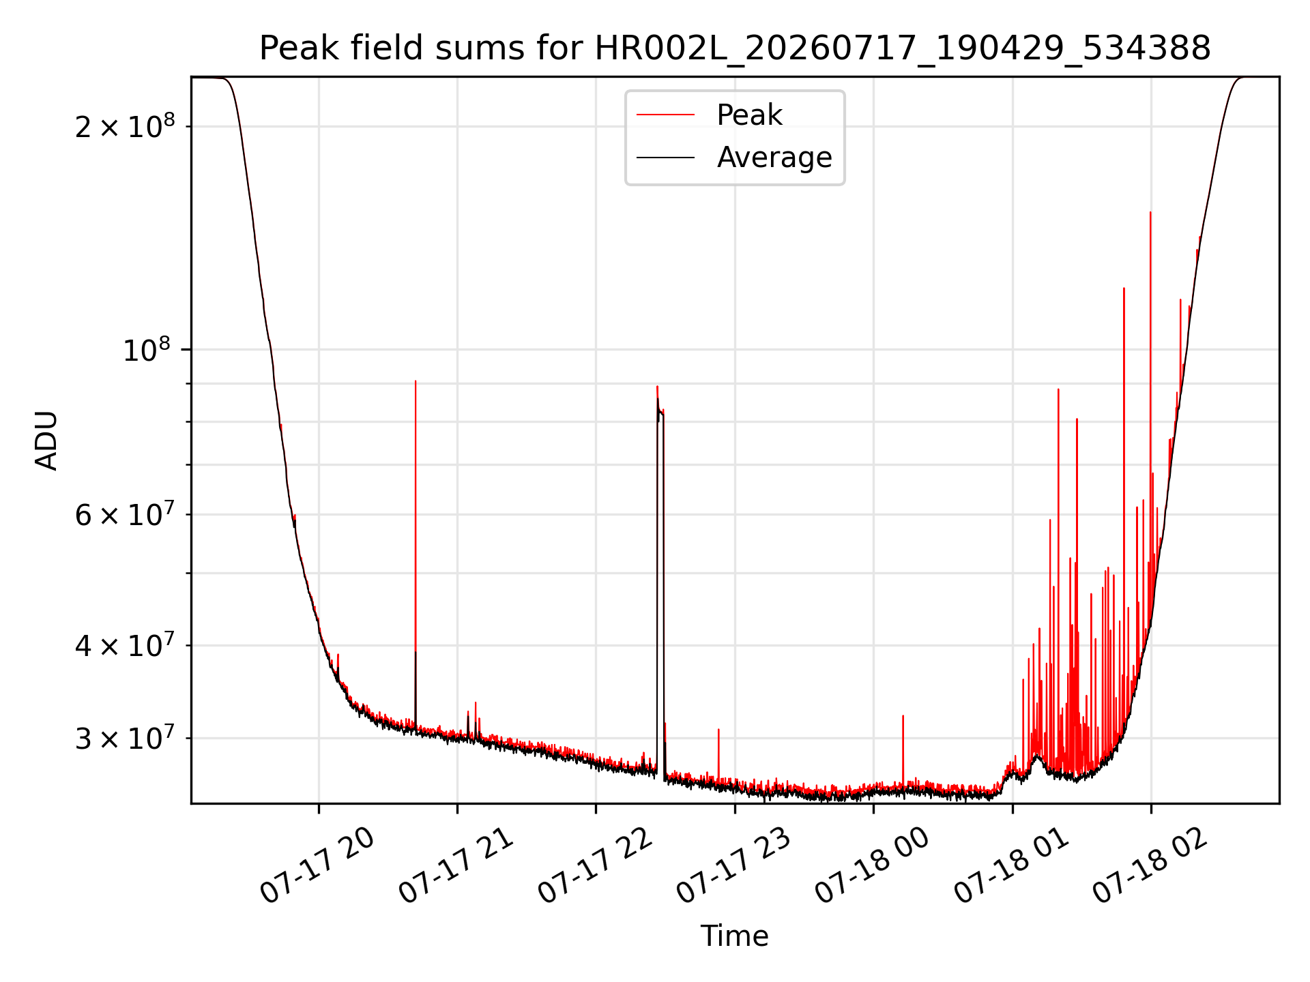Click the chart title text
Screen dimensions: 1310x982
735,48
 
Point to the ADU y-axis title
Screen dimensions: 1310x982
46,441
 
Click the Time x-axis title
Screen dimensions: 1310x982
735,936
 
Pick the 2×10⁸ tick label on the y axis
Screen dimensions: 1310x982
125,126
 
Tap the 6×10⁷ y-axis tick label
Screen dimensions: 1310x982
125,514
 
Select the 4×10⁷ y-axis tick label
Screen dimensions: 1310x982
125,645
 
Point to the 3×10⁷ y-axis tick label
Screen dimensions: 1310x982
125,738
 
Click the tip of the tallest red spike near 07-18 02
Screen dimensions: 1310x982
1150,212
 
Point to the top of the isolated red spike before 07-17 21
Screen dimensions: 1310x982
416,381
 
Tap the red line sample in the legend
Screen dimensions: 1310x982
666,115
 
